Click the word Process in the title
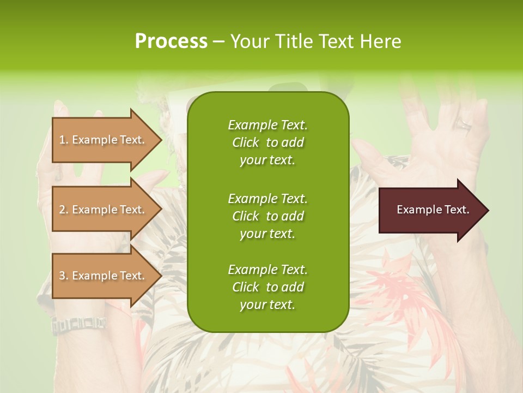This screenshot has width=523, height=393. coord(171,41)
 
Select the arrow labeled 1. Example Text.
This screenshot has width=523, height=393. coord(104,140)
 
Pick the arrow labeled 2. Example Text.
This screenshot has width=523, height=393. coord(104,210)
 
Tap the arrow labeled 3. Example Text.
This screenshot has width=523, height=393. coord(104,276)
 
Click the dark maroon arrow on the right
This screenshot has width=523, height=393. coord(430,210)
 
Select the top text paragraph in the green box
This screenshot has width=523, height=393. coord(267,142)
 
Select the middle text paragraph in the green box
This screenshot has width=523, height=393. coord(267,216)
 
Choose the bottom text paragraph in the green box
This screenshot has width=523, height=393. coord(267,287)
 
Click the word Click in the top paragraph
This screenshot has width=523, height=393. coord(246,142)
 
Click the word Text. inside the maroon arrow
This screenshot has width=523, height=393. coord(456,210)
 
